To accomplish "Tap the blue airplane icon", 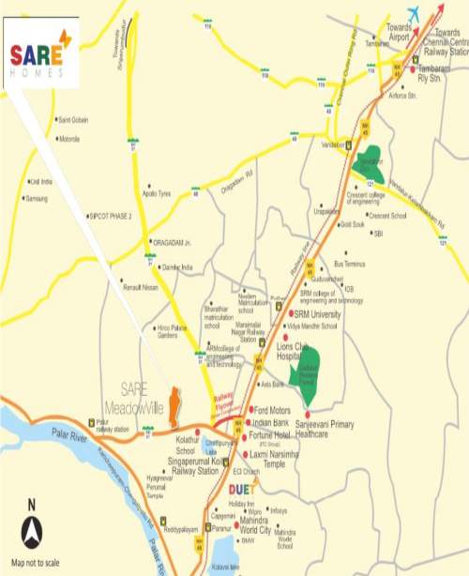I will pyautogui.click(x=410, y=22).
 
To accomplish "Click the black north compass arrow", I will pyautogui.click(x=32, y=533).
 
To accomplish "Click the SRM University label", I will pyautogui.click(x=321, y=313).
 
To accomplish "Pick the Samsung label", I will pyautogui.click(x=37, y=199).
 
